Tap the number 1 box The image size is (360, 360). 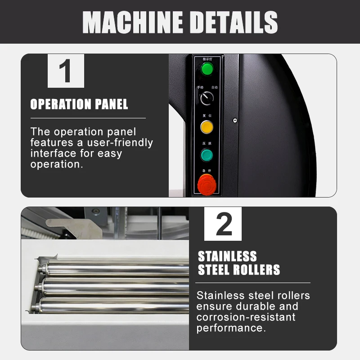pos(66,71)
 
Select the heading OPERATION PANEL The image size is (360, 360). pos(79,104)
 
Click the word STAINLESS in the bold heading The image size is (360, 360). pos(227,256)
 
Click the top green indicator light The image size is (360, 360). pos(207,69)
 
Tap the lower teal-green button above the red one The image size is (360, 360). pos(207,155)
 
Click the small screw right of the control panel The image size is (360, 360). pos(235,120)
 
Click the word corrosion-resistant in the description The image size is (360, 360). pos(246,317)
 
